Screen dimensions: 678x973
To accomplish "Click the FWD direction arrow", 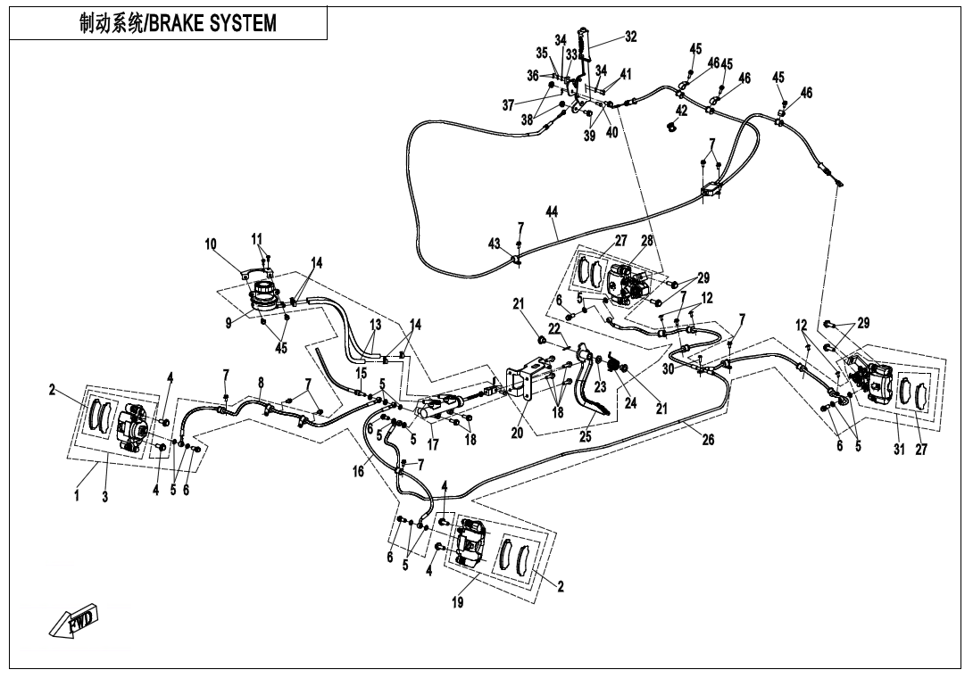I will coord(76,621).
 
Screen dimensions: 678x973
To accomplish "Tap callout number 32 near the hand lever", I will coord(631,37).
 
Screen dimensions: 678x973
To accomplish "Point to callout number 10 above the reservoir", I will coord(211,243).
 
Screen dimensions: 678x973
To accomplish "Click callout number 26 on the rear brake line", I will coord(708,438).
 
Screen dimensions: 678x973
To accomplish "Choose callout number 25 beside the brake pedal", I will coord(585,438).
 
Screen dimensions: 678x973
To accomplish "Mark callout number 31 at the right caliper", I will coord(899,450).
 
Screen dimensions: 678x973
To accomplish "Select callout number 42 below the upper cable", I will coord(681,111).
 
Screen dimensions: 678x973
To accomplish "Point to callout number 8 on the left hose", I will coord(261,383).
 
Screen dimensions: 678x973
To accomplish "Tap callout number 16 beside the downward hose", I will coord(358,473).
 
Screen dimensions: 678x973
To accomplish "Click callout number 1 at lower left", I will coord(77,497).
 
